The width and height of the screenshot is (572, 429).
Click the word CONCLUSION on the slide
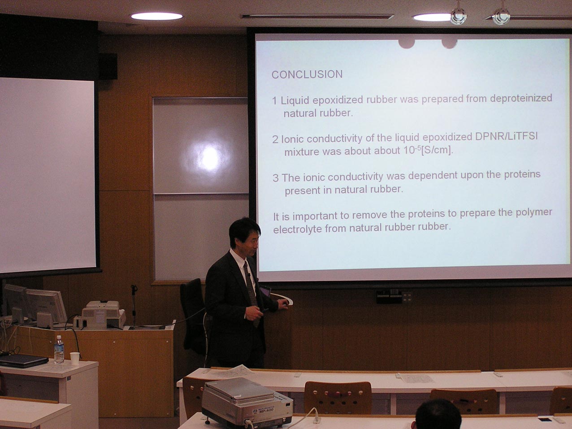307,74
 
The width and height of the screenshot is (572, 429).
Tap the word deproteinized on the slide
521,98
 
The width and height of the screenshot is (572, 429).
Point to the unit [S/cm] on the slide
437,150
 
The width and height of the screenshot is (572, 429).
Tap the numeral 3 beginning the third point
275,178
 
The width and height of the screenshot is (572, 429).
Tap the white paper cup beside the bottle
75,359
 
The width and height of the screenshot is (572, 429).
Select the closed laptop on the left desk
23,361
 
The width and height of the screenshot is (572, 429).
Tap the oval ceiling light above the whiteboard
156,17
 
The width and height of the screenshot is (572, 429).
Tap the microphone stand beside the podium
134,306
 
